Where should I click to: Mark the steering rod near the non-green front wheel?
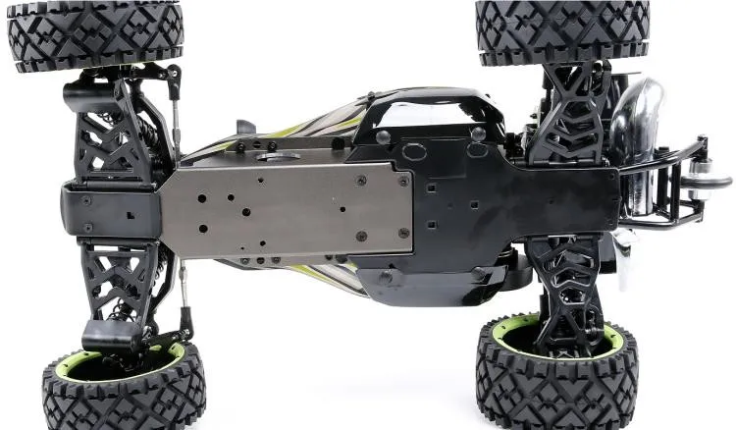click(177, 108)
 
